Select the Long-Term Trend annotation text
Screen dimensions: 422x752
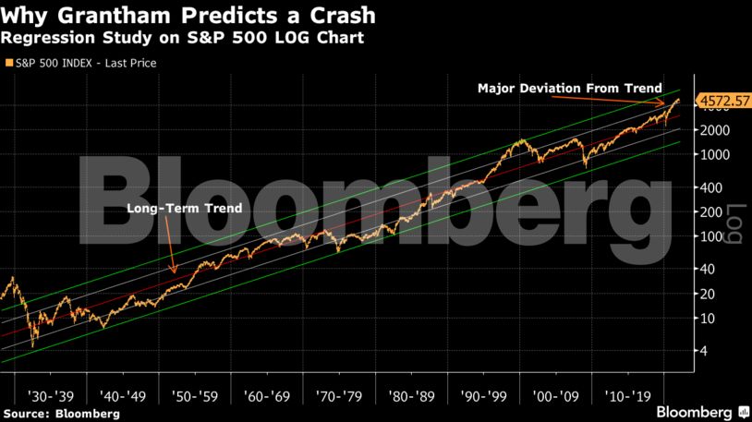(x=184, y=209)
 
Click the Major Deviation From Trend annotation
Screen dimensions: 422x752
(x=569, y=89)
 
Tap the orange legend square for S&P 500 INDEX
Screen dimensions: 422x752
(x=7, y=63)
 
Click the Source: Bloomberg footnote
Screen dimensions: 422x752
(x=62, y=414)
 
